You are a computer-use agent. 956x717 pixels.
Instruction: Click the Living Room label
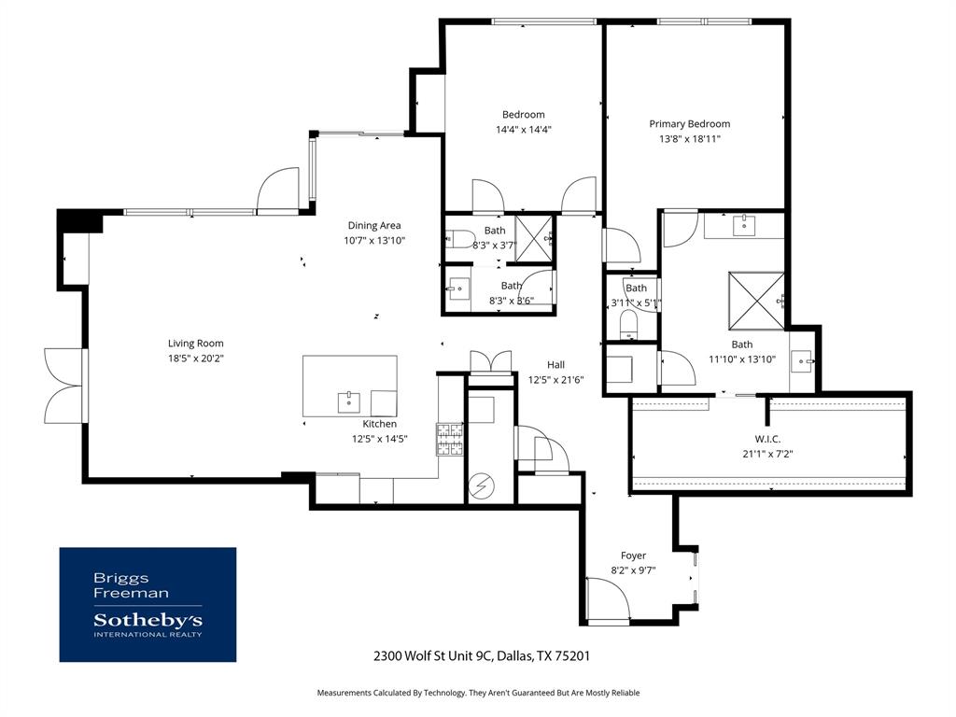(196, 344)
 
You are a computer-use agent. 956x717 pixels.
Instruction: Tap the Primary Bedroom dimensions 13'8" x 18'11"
(690, 138)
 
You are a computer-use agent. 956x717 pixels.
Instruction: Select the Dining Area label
(374, 226)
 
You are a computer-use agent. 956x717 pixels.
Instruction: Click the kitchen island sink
(349, 402)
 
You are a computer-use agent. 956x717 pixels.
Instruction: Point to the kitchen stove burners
(450, 440)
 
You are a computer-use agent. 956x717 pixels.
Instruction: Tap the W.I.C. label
(767, 439)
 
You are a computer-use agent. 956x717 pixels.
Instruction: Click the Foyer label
(634, 555)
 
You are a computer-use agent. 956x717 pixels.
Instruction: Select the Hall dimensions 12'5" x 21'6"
(556, 380)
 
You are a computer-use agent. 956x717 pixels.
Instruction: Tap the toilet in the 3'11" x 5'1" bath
(628, 323)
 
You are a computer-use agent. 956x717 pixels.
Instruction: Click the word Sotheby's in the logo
(148, 621)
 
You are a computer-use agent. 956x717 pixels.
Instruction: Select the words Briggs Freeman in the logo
(131, 585)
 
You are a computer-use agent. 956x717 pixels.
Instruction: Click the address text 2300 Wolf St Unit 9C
(432, 656)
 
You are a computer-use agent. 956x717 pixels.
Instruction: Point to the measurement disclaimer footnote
(478, 693)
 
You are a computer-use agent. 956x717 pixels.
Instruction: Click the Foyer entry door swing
(609, 600)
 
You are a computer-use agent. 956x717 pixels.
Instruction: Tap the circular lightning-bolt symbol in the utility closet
(483, 485)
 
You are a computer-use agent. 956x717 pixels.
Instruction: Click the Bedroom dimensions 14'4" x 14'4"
(524, 129)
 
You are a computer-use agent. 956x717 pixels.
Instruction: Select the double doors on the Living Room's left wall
(64, 386)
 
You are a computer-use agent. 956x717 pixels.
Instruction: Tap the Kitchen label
(380, 424)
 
